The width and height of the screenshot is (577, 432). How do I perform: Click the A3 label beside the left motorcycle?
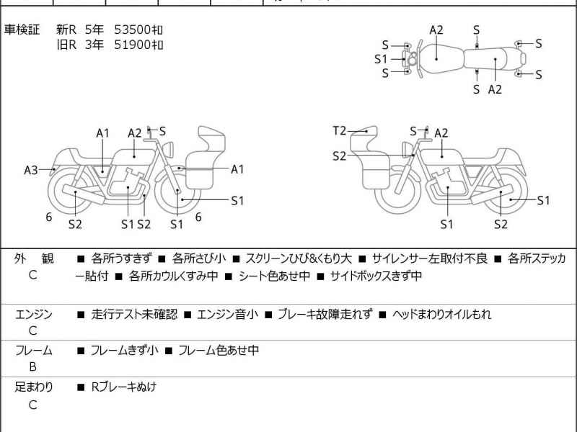(x=30, y=170)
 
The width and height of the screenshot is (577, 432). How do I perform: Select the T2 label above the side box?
(x=340, y=130)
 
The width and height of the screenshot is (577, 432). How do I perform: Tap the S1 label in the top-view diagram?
(x=381, y=59)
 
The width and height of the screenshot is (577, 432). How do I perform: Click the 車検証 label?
(x=22, y=30)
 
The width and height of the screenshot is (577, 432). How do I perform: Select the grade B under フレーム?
(x=32, y=366)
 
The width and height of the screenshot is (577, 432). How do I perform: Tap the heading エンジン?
(x=33, y=315)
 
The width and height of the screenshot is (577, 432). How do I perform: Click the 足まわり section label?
(x=33, y=387)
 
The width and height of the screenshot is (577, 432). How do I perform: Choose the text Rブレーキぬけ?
(x=123, y=387)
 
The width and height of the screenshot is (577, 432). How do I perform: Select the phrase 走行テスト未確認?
(x=134, y=315)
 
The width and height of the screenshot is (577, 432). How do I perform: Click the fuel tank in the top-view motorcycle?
(x=437, y=55)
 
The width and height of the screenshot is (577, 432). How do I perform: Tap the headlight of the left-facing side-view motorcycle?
(x=170, y=148)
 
